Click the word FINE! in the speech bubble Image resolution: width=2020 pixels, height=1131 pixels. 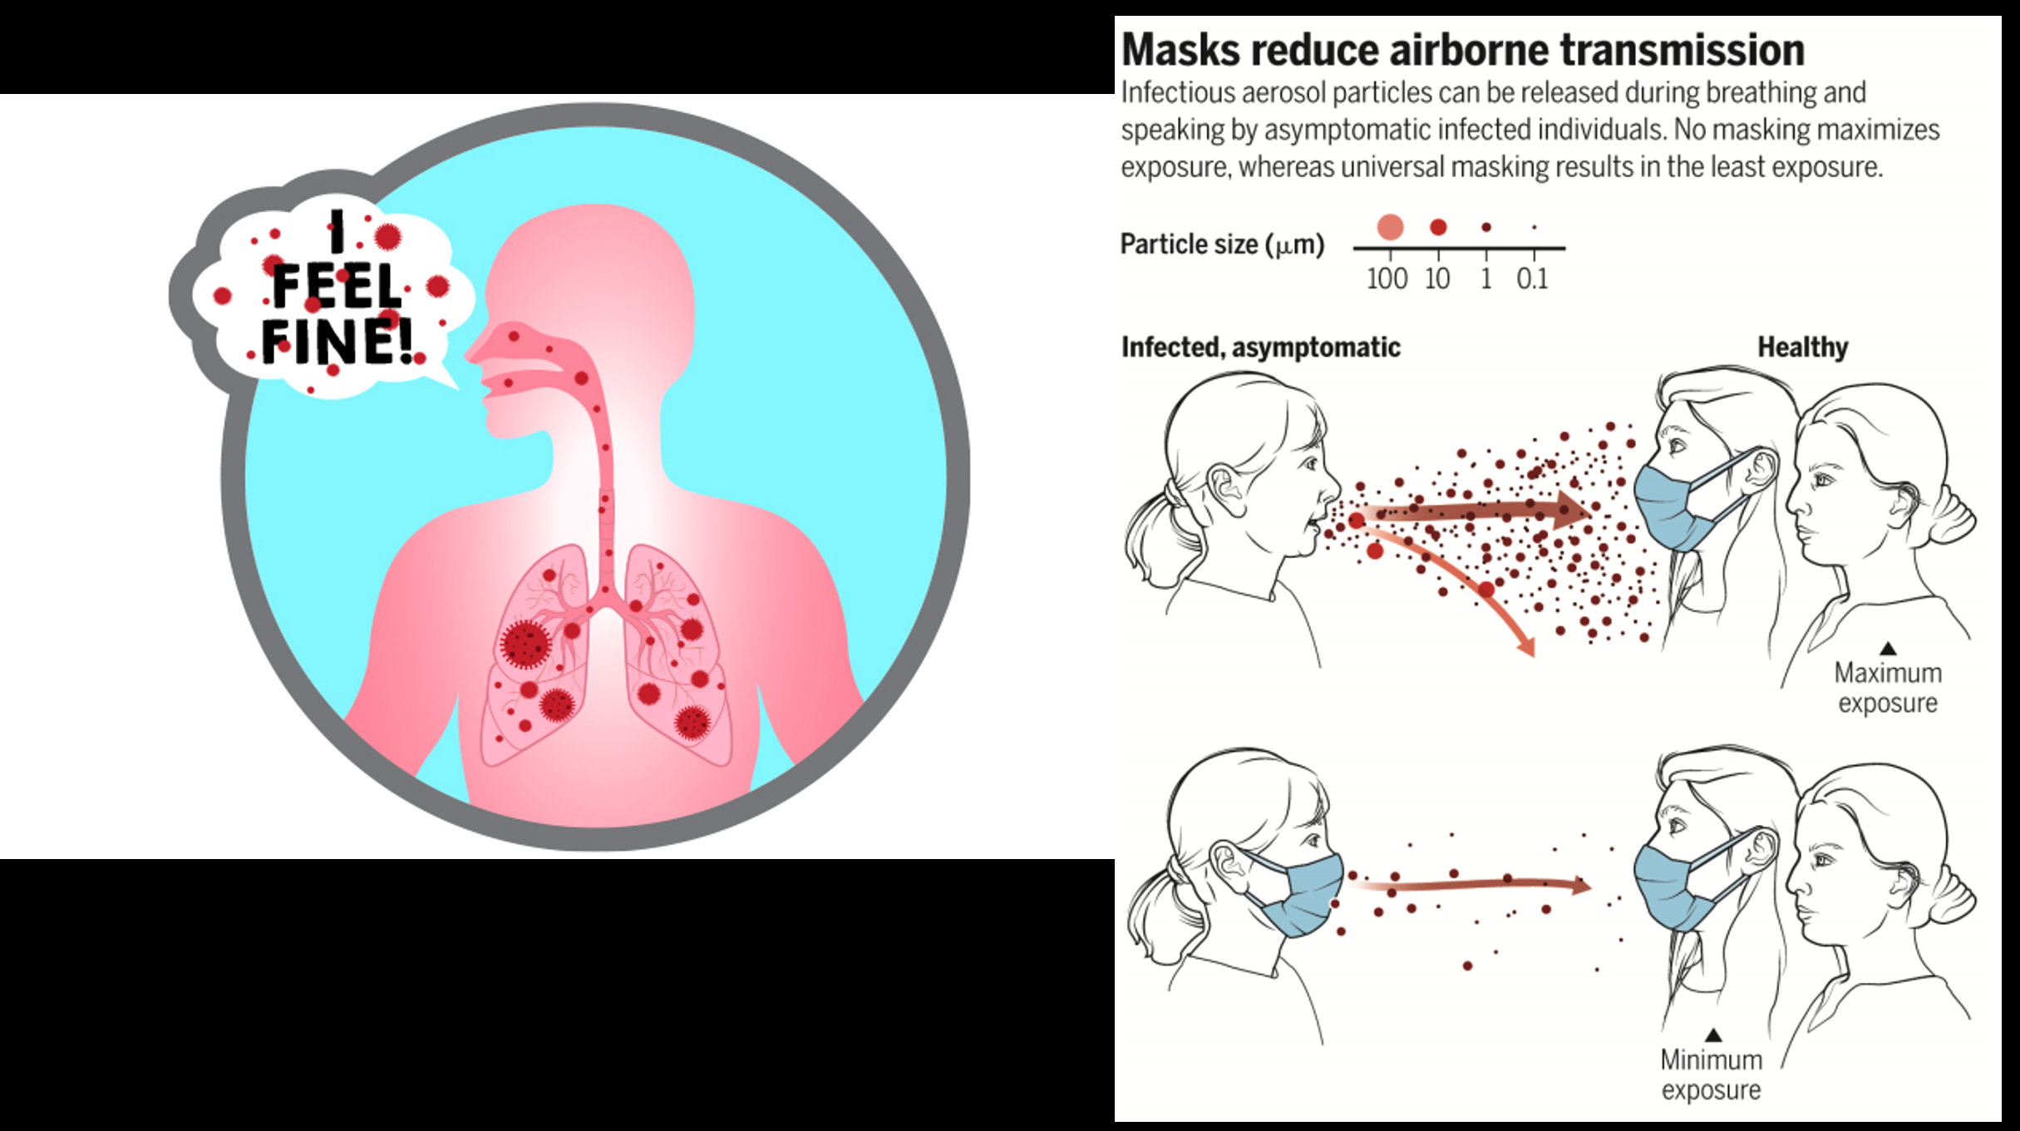(x=337, y=341)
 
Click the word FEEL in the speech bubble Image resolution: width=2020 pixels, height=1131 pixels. (x=337, y=287)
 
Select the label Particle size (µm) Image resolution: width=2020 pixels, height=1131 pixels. (x=1222, y=244)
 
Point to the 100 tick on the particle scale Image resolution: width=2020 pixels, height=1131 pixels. (x=1387, y=279)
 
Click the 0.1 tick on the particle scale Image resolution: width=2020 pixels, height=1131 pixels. (x=1532, y=279)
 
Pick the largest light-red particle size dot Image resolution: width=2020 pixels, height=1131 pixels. (x=1390, y=226)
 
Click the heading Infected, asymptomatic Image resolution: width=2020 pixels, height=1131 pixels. (x=1260, y=347)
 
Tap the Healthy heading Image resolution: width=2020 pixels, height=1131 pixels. (x=1802, y=347)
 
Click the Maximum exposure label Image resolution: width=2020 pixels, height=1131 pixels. (x=1888, y=688)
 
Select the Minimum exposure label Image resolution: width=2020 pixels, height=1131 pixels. (x=1711, y=1074)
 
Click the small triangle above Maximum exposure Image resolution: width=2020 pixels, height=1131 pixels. (x=1888, y=648)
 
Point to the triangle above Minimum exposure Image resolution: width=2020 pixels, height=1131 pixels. (x=1713, y=1035)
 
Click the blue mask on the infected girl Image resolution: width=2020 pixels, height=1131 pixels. (x=1301, y=894)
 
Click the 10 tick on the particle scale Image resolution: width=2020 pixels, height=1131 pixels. (x=1437, y=279)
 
